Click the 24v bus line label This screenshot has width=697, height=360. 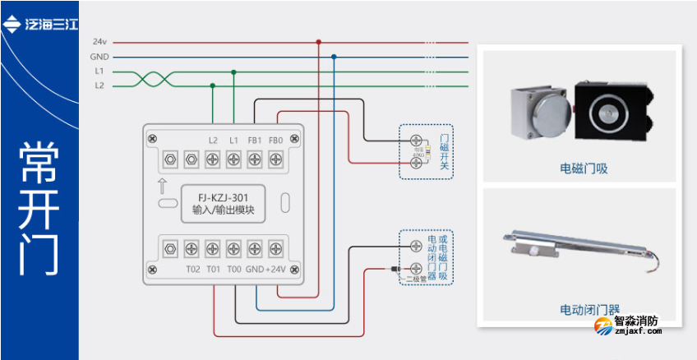[x=99, y=42]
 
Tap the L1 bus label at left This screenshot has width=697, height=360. [x=99, y=72]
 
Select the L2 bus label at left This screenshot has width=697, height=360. [x=99, y=85]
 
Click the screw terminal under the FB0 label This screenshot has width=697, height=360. [x=275, y=158]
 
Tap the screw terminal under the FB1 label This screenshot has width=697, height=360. [x=255, y=158]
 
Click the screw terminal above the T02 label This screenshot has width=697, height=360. [x=192, y=247]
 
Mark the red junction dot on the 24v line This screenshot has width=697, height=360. [x=319, y=42]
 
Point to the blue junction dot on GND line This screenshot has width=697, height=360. [x=334, y=58]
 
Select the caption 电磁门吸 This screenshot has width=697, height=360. [x=584, y=168]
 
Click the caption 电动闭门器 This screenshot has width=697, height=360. [x=589, y=310]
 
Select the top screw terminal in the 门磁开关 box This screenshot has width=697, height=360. [x=417, y=141]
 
